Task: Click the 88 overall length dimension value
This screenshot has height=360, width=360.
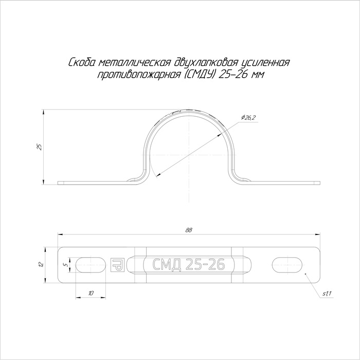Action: [189, 230]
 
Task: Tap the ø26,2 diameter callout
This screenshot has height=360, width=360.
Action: [248, 118]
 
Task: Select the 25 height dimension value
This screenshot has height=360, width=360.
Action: [40, 147]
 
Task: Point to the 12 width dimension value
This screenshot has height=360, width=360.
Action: [41, 265]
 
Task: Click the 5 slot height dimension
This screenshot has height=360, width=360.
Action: [66, 265]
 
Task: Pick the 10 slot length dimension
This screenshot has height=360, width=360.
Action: [91, 294]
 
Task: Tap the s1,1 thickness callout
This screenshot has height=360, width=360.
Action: [327, 294]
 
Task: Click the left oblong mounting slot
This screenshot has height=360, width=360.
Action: [91, 265]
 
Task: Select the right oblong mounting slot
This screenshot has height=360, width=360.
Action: [287, 265]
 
